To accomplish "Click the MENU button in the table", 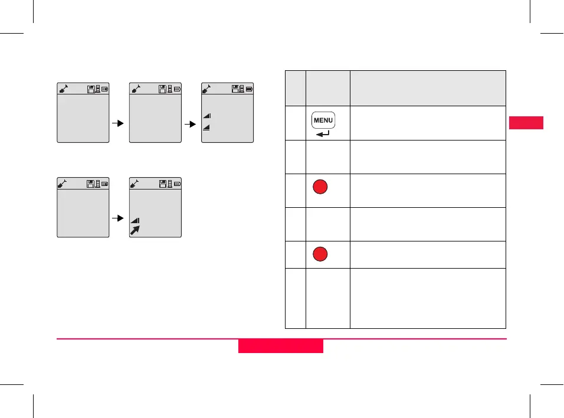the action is [x=323, y=120].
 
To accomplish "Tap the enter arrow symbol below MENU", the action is [x=323, y=134].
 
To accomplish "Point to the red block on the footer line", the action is [x=281, y=345].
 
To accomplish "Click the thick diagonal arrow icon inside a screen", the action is [x=135, y=229].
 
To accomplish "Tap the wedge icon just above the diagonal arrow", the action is [x=135, y=220].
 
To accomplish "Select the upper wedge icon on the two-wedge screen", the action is [x=207, y=116].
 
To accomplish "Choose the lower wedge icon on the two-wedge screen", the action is [x=207, y=127].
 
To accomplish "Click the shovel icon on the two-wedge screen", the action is [x=208, y=89].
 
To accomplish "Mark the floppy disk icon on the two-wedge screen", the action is [x=235, y=89].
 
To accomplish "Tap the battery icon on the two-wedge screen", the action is [x=250, y=89].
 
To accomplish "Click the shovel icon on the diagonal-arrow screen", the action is [x=136, y=183].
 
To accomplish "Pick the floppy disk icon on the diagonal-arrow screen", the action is [x=163, y=184].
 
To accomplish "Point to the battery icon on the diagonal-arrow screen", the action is [x=177, y=184].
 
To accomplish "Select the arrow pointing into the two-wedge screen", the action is [x=191, y=125].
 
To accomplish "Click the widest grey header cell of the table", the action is [x=428, y=88].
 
